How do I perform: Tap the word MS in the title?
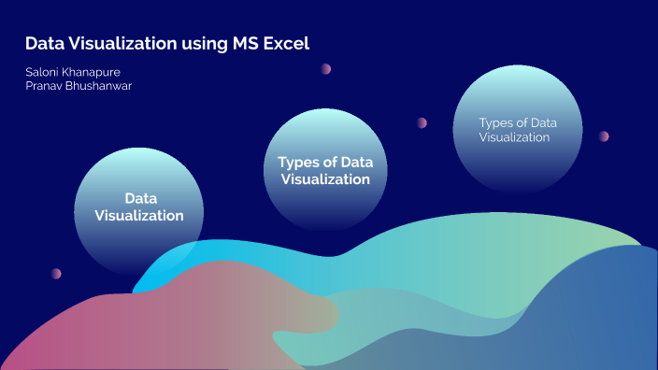(x=244, y=44)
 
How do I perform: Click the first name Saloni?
(x=43, y=71)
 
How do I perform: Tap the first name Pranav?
(x=45, y=86)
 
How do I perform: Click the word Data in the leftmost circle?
(x=140, y=199)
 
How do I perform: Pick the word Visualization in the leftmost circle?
(x=139, y=215)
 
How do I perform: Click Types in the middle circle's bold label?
(x=297, y=163)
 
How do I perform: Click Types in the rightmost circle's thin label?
(x=496, y=122)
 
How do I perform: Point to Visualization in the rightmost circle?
(x=514, y=136)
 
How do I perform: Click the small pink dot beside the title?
(x=326, y=68)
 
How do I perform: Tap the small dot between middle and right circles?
(x=422, y=122)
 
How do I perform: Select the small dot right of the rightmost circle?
(x=604, y=135)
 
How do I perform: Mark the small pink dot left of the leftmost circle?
(x=56, y=274)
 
